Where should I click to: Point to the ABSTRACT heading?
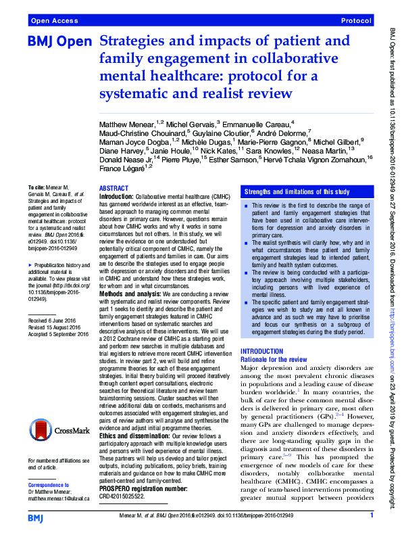(x=114, y=189)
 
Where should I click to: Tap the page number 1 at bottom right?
(x=372, y=516)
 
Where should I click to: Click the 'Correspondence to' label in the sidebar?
(x=50, y=485)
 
